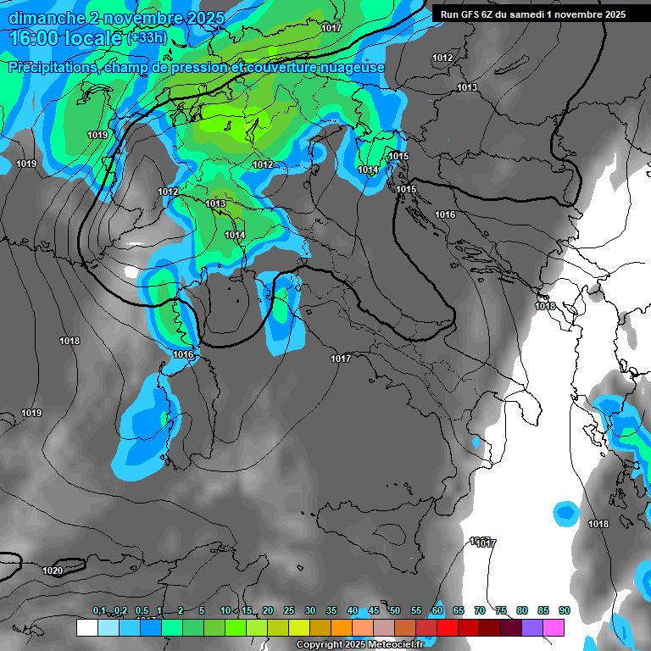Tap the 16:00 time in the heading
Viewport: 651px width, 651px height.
click(x=35, y=38)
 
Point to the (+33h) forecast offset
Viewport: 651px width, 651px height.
click(x=147, y=38)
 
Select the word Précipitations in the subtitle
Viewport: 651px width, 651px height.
click(x=53, y=68)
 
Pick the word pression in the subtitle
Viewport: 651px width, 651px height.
click(x=187, y=68)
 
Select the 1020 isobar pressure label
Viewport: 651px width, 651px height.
click(x=53, y=570)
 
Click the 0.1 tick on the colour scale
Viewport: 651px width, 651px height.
click(x=99, y=611)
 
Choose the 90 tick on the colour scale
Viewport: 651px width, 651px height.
click(x=564, y=611)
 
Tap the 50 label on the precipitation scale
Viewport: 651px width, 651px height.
click(x=394, y=611)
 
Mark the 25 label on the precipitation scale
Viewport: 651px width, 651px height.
click(x=288, y=611)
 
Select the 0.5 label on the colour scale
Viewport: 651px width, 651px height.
click(x=142, y=611)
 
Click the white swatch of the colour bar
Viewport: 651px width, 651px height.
click(x=86, y=627)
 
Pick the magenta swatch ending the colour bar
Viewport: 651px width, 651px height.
click(x=554, y=627)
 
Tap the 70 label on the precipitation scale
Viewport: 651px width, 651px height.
click(x=479, y=611)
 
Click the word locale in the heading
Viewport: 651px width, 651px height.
click(x=93, y=38)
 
